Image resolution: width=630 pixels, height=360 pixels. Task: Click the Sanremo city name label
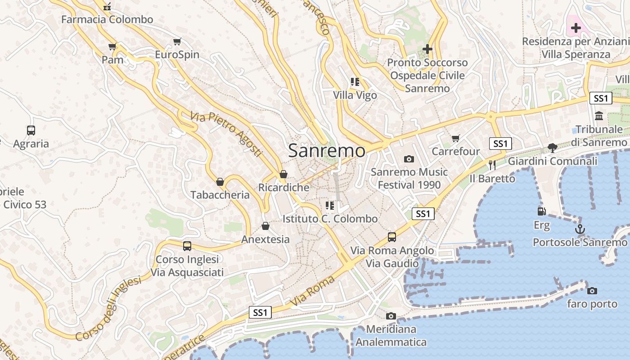pyautogui.click(x=327, y=150)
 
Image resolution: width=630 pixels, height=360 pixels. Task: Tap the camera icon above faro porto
pyautogui.click(x=592, y=291)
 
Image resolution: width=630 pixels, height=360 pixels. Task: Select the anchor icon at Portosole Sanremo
pyautogui.click(x=580, y=229)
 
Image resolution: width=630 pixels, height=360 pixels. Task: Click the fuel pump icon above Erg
pyautogui.click(x=541, y=211)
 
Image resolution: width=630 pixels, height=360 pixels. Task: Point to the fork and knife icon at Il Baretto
pyautogui.click(x=492, y=165)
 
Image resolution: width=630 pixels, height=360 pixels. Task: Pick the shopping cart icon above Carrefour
pyautogui.click(x=456, y=138)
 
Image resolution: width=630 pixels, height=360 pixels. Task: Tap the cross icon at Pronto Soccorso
pyautogui.click(x=427, y=49)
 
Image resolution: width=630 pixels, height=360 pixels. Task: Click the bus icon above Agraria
pyautogui.click(x=31, y=130)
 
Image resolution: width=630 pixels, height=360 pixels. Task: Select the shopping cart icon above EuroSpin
pyautogui.click(x=177, y=42)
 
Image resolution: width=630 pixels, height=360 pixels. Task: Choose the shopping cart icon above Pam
pyautogui.click(x=112, y=46)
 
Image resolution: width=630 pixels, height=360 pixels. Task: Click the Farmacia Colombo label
pyautogui.click(x=107, y=19)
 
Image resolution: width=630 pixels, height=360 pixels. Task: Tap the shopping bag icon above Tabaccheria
pyautogui.click(x=220, y=182)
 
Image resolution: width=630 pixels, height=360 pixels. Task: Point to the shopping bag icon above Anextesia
pyautogui.click(x=265, y=226)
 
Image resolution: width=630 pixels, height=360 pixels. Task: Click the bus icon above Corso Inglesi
pyautogui.click(x=187, y=246)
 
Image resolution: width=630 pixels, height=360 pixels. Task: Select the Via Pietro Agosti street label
pyautogui.click(x=226, y=134)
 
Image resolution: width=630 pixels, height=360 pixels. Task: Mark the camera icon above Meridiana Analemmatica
pyautogui.click(x=391, y=316)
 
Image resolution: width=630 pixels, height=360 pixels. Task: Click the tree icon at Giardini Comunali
pyautogui.click(x=552, y=148)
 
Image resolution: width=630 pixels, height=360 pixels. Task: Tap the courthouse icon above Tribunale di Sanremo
pyautogui.click(x=599, y=116)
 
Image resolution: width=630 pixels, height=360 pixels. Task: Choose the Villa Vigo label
pyautogui.click(x=355, y=95)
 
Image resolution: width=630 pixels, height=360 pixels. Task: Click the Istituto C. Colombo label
pyautogui.click(x=330, y=219)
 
